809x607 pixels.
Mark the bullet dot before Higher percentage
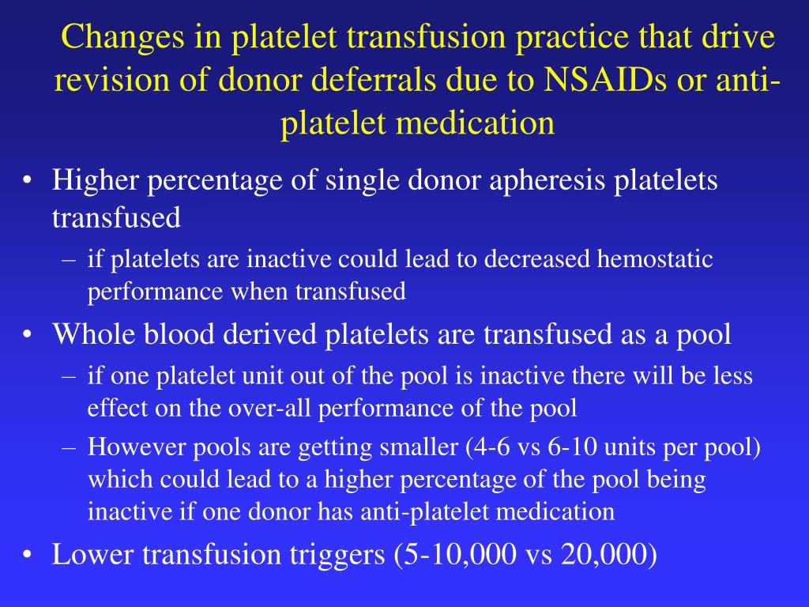pos(28,181)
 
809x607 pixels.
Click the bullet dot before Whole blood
pos(28,335)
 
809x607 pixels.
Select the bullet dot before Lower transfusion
pos(28,556)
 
